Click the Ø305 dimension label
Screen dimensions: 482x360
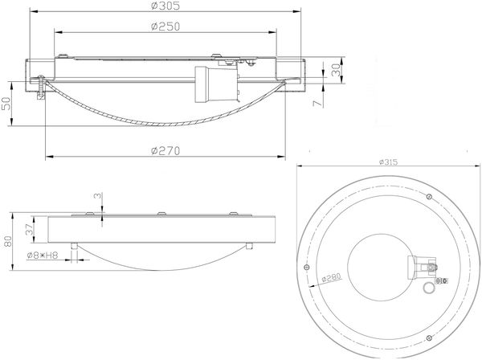(165, 6)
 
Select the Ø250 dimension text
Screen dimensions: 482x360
(165, 27)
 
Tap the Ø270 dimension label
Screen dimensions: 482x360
(165, 151)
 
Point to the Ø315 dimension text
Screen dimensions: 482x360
(388, 162)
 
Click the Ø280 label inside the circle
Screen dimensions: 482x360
(331, 277)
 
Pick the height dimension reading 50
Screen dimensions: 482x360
(6, 104)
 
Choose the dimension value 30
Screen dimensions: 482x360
(336, 70)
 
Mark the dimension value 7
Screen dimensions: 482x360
(318, 103)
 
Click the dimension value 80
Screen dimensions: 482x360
(7, 241)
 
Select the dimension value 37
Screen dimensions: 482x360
(29, 229)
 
